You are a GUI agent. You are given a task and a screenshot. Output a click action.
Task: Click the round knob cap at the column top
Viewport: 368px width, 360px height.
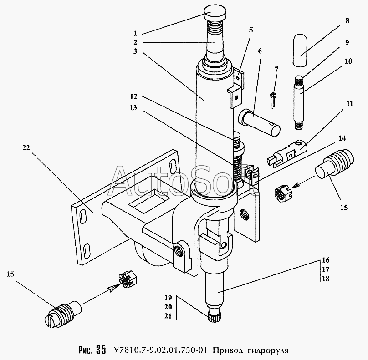pyautogui.click(x=215, y=13)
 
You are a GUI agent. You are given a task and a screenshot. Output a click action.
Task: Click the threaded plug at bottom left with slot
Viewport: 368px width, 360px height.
pyautogui.click(x=63, y=314)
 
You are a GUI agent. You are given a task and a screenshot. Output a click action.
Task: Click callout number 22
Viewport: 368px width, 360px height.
pyautogui.click(x=26, y=148)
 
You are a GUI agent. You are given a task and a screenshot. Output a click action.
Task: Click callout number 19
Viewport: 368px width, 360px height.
pyautogui.click(x=168, y=298)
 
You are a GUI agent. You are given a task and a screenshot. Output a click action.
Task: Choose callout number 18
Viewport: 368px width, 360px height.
pyautogui.click(x=326, y=279)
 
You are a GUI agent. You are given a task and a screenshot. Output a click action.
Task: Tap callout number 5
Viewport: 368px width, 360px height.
pyautogui.click(x=251, y=30)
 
